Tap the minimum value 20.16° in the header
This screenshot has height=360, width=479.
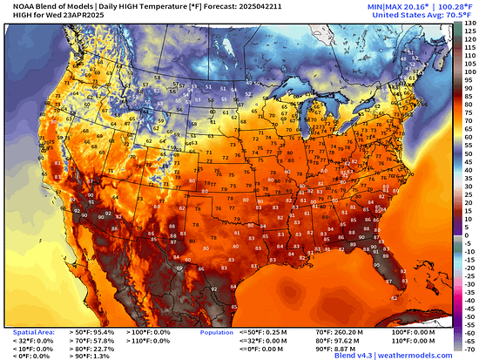tap(384, 6)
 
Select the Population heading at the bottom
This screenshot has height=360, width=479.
tap(217, 332)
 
